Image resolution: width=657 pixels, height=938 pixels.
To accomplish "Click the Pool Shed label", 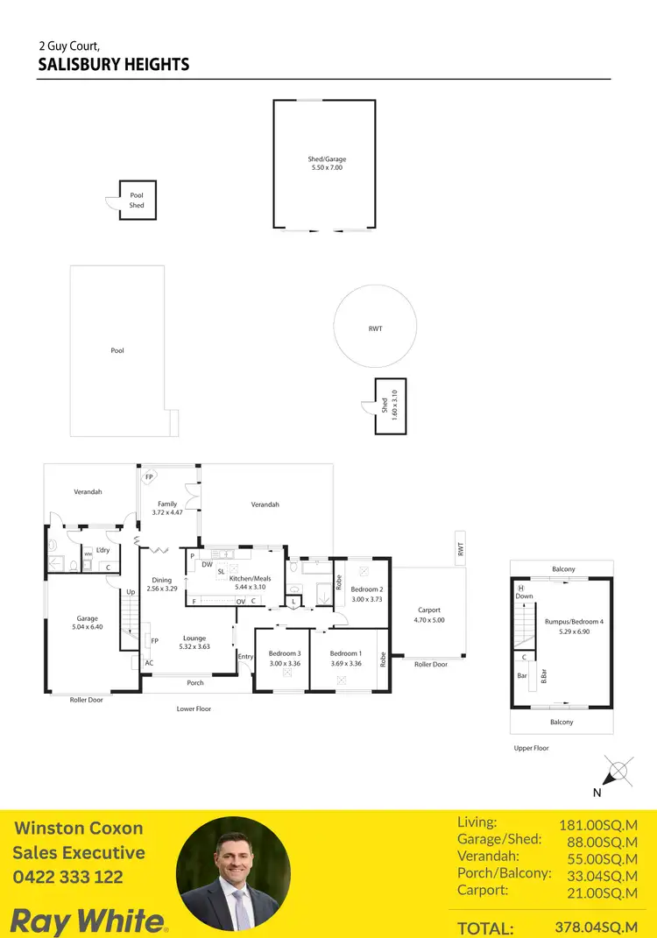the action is [x=137, y=201].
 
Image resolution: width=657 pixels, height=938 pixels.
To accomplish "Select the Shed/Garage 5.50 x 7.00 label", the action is [x=325, y=163].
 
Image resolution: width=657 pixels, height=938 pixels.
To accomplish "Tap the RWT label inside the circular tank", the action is [x=375, y=328].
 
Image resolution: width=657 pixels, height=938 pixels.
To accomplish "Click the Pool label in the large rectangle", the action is [x=117, y=350].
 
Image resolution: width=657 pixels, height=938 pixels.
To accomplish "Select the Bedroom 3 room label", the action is [x=285, y=658].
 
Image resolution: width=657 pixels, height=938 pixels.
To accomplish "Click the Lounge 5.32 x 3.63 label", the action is [x=194, y=643].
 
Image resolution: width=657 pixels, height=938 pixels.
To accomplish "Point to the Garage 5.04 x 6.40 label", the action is [x=87, y=623].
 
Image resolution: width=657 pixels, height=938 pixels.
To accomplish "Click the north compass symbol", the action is [x=617, y=772].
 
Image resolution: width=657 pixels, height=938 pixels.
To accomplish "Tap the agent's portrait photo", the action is [x=233, y=873].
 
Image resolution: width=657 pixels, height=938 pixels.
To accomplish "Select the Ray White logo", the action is [x=88, y=920].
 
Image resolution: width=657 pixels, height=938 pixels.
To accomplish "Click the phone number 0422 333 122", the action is [x=67, y=877].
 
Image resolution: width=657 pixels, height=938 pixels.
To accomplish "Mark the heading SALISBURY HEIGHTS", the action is [x=114, y=65].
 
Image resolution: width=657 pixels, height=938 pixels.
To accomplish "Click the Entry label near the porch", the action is [x=245, y=656].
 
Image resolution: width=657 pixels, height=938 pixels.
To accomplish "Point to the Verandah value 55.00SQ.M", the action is [x=598, y=858].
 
